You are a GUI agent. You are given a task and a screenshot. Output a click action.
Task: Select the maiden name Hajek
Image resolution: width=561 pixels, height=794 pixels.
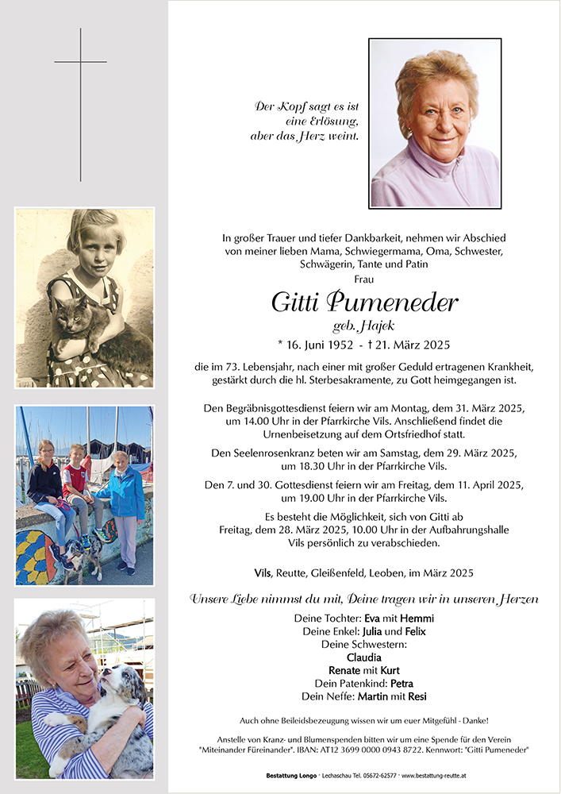[378, 326]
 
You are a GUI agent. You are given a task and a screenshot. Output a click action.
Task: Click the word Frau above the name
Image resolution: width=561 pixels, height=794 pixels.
[364, 279]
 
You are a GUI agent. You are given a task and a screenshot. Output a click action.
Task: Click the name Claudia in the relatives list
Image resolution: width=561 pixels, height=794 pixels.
[364, 657]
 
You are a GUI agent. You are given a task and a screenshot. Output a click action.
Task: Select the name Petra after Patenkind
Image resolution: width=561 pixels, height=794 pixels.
[401, 684]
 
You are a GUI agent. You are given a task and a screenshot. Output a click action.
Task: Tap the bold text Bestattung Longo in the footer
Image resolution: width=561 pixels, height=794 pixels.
[290, 775]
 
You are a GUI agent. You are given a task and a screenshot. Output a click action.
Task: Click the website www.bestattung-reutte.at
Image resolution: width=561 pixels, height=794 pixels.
[432, 775]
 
